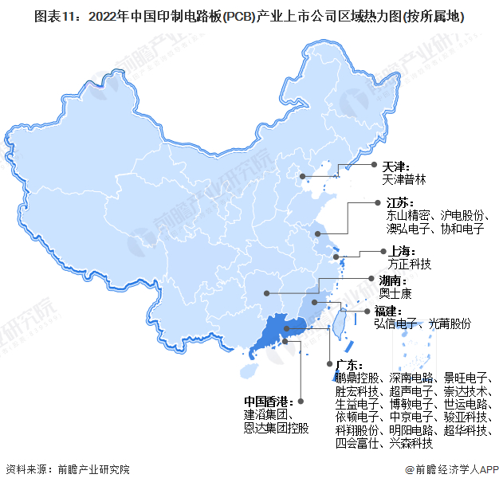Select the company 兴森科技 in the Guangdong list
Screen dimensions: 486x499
coord(411,444)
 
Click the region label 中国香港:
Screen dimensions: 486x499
coord(269,402)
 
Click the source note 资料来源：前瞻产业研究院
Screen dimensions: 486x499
coord(68,470)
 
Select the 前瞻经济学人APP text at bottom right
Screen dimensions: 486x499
coord(454,470)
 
